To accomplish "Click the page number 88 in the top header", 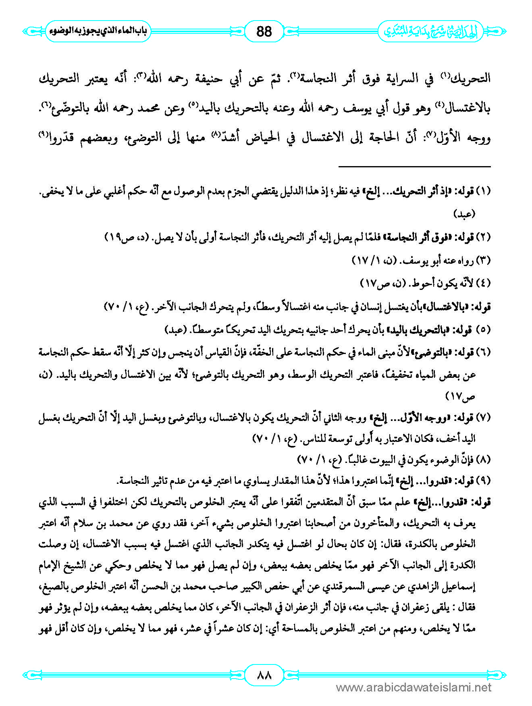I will pos(264,31).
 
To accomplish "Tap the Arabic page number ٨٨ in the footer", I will pos(264,675).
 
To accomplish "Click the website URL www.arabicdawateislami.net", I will pos(414,687).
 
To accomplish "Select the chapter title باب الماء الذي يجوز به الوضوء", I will pos(98,31).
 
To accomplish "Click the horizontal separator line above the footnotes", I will pos(414,167).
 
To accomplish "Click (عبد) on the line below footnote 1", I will pos(465,214).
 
